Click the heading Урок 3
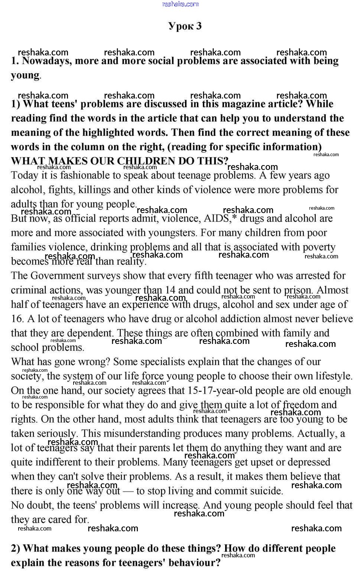185,26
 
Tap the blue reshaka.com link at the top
181,4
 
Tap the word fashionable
91,175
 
